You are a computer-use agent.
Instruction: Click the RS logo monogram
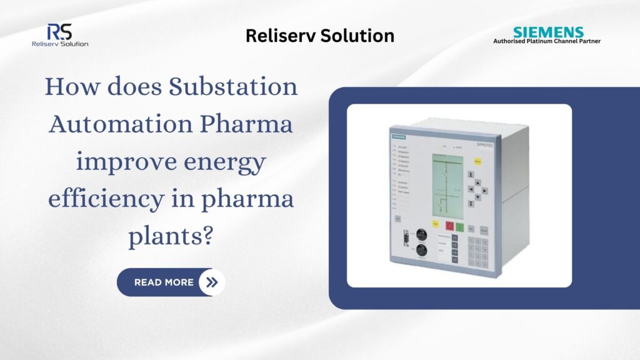(59, 32)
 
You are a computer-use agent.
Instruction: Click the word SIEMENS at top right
(548, 32)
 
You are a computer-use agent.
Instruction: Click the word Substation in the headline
(234, 86)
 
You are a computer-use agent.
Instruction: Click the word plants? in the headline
(171, 238)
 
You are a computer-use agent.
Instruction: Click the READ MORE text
(164, 282)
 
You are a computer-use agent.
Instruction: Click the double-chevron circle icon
(212, 282)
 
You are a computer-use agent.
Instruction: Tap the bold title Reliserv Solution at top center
(319, 36)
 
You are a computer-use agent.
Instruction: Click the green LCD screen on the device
(446, 184)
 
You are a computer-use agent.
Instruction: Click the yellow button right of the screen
(477, 161)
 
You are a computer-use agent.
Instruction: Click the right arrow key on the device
(486, 189)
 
